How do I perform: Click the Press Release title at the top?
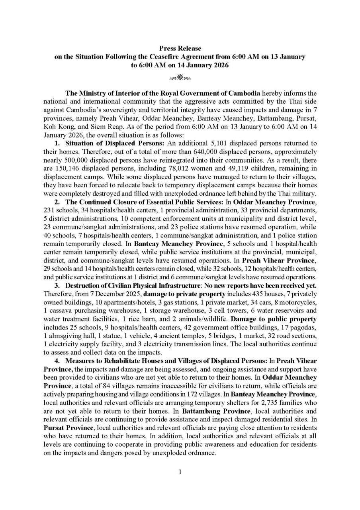point(180,49)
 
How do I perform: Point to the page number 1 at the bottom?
point(180,472)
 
